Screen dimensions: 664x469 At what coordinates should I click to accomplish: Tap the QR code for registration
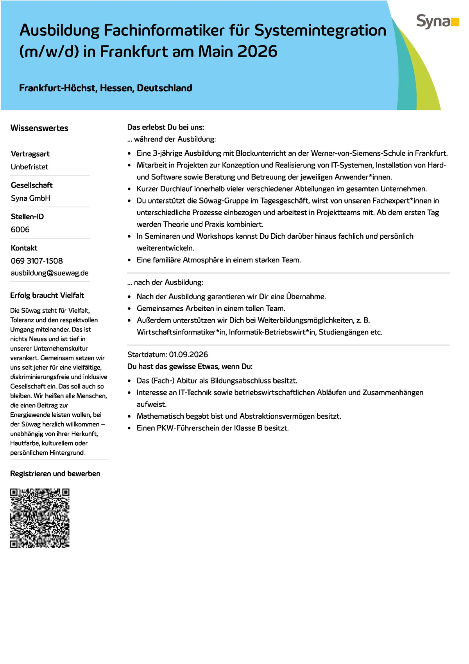pyautogui.click(x=40, y=518)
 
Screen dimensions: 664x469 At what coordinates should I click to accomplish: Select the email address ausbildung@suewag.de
pyautogui.click(x=50, y=273)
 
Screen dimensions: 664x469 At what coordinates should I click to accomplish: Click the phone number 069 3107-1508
pyautogui.click(x=37, y=261)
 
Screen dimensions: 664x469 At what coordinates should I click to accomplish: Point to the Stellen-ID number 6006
pyautogui.click(x=20, y=230)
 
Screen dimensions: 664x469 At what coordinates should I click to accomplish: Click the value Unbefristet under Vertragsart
pyautogui.click(x=30, y=167)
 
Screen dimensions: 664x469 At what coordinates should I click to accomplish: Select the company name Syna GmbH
pyautogui.click(x=30, y=198)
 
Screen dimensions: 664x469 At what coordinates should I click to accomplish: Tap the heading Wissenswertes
pyautogui.click(x=39, y=128)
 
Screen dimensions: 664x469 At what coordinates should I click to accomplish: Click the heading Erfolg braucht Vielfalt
pyautogui.click(x=47, y=295)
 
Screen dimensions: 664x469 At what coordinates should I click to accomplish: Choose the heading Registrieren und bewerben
pyautogui.click(x=55, y=474)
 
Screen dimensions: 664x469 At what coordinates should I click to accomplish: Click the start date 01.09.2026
pyautogui.click(x=188, y=355)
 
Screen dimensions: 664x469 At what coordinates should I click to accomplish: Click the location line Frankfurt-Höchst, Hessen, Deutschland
pyautogui.click(x=106, y=88)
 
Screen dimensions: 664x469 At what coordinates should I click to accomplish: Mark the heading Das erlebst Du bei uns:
pyautogui.click(x=166, y=127)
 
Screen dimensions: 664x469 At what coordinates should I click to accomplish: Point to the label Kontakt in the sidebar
pyautogui.click(x=24, y=248)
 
